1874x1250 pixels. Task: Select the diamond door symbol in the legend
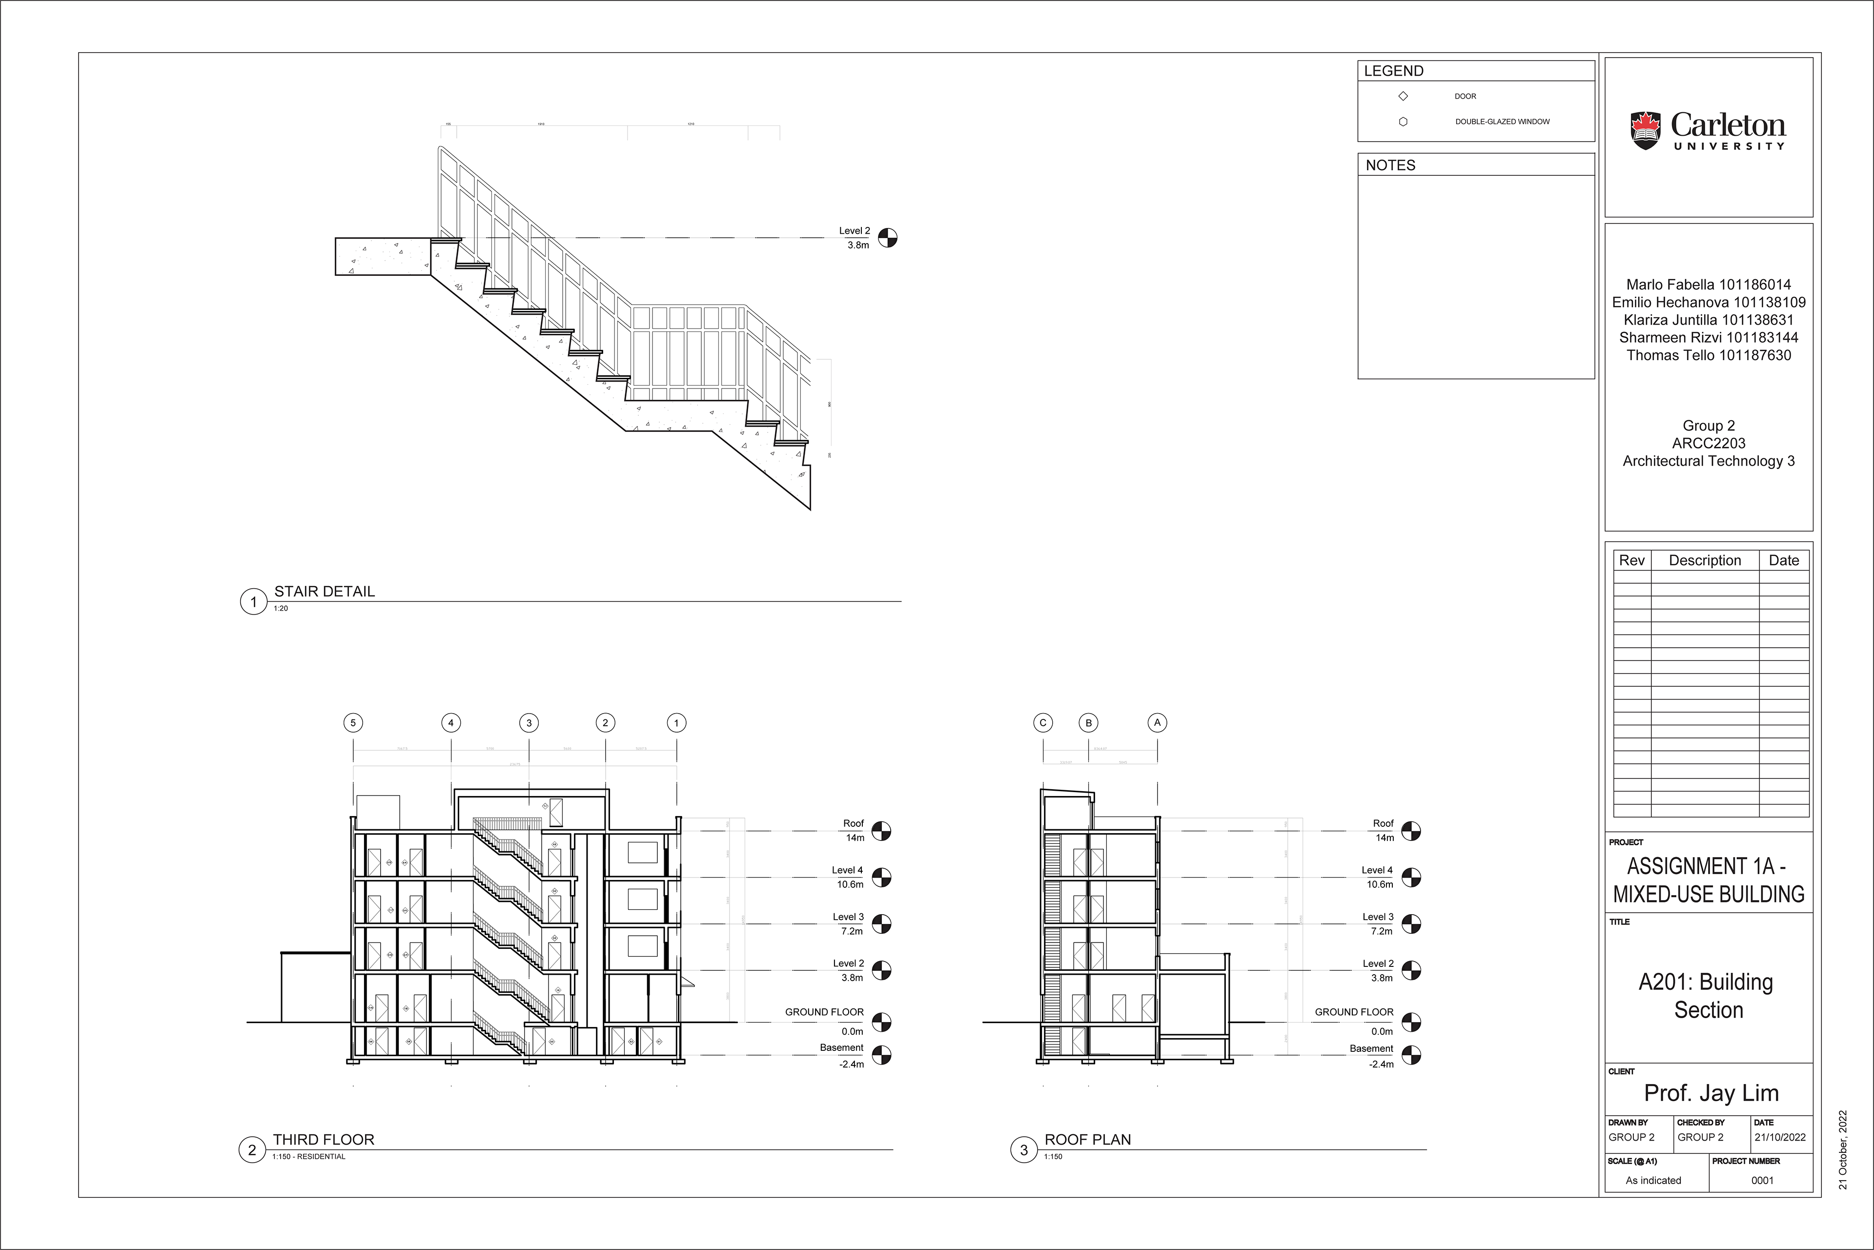coord(1403,97)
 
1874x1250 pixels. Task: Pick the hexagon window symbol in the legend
coord(1403,122)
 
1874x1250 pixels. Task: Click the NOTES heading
coord(1390,165)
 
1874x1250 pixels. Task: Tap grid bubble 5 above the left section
coord(353,723)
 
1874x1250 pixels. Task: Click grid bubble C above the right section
coord(1042,723)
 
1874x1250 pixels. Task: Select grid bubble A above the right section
coord(1158,723)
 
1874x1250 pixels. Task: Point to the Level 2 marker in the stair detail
coord(887,238)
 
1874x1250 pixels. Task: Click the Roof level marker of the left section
coord(881,831)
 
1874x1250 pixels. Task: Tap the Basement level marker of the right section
coord(1411,1055)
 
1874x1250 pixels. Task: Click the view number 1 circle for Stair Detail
coord(253,602)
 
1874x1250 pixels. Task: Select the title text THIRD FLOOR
coord(324,1139)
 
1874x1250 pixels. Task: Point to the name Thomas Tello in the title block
coord(1708,355)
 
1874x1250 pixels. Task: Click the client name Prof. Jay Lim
coord(1711,1093)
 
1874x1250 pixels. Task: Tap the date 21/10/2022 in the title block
coord(1780,1138)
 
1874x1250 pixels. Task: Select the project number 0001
coord(1762,1181)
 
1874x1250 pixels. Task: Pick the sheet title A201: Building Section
coord(1705,996)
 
